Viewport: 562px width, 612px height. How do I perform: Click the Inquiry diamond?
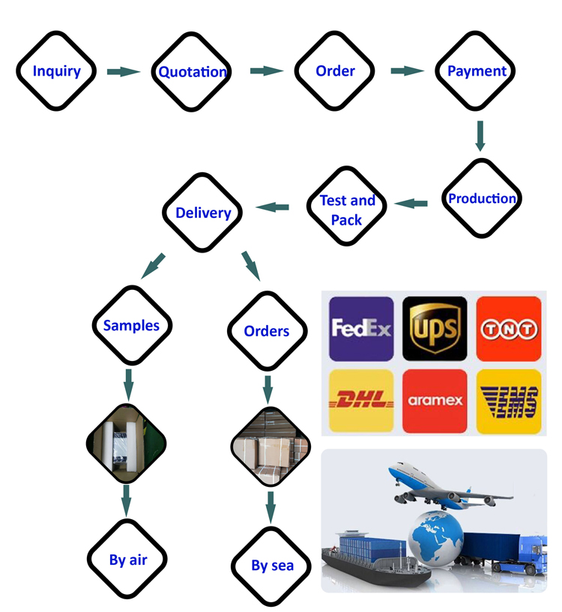tap(56, 72)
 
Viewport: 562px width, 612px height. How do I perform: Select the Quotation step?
tap(192, 72)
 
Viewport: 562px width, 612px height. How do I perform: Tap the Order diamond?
tap(334, 71)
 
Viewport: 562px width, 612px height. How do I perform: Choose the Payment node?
tap(477, 71)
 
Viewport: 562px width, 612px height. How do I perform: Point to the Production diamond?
tap(481, 199)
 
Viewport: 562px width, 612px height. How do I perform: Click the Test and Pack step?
tap(347, 210)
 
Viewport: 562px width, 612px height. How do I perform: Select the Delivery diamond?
tap(202, 213)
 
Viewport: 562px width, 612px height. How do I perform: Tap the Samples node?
tap(131, 325)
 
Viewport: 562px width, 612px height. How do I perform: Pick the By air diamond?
tap(127, 559)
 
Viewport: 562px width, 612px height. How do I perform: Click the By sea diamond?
tap(271, 566)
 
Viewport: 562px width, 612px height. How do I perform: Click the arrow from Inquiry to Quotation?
tap(123, 72)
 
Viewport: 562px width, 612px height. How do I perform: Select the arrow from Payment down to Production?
tap(480, 135)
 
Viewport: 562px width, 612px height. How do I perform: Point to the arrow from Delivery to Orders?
tap(250, 266)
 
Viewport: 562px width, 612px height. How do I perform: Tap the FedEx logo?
tap(361, 328)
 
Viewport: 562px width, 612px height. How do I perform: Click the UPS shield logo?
tap(435, 328)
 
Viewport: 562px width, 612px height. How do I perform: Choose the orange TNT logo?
tap(508, 328)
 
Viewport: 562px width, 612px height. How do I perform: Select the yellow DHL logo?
tap(361, 400)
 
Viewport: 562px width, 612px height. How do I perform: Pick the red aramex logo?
tap(435, 400)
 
